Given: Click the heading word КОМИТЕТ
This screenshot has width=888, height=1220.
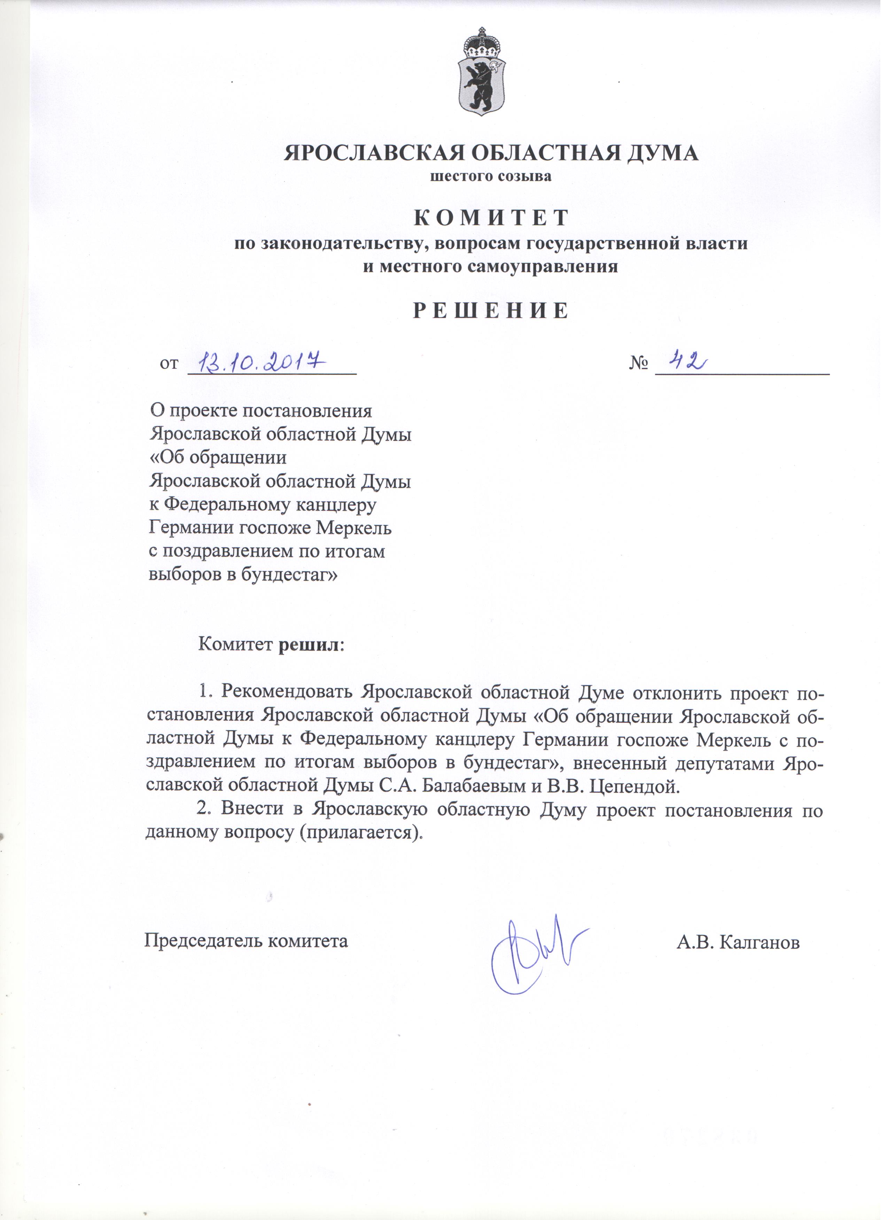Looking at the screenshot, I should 491,218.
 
